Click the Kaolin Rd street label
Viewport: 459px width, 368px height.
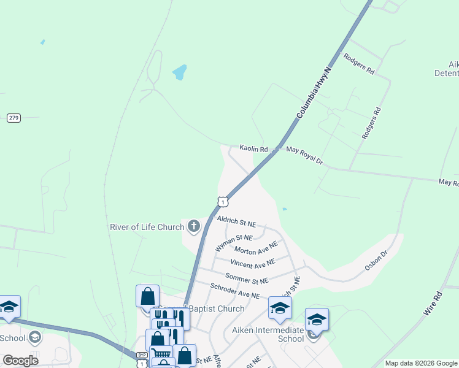pyautogui.click(x=253, y=149)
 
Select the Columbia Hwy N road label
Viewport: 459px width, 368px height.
pyautogui.click(x=314, y=94)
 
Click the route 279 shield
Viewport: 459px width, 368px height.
pyautogui.click(x=13, y=117)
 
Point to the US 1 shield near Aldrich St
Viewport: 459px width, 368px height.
pyautogui.click(x=223, y=201)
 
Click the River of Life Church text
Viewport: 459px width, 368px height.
pyautogui.click(x=147, y=227)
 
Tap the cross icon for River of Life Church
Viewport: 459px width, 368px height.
pyautogui.click(x=194, y=227)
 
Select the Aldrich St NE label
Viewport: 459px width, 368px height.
pyautogui.click(x=236, y=223)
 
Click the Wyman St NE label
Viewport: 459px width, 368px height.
pyautogui.click(x=234, y=242)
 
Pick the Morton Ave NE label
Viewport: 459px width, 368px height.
pyautogui.click(x=256, y=248)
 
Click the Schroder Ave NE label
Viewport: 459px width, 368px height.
pyautogui.click(x=235, y=291)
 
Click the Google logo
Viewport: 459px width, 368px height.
pyautogui.click(x=20, y=360)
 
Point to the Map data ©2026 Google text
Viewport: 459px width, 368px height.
pyautogui.click(x=422, y=363)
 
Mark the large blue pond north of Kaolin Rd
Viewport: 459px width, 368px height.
pyautogui.click(x=179, y=72)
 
